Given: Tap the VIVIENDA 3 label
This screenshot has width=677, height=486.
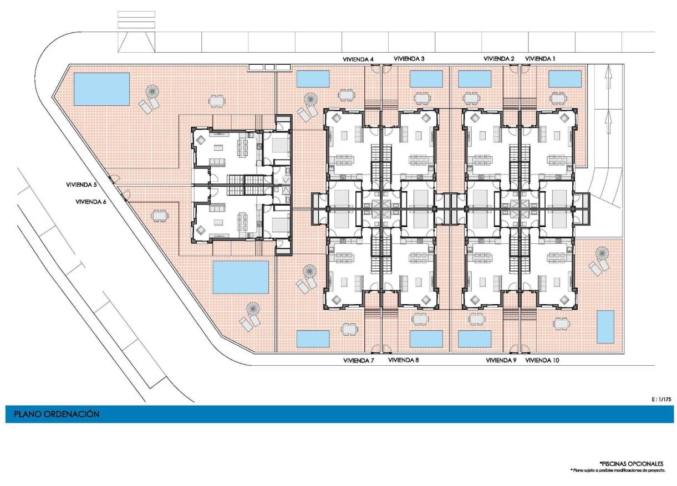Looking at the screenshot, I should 409,59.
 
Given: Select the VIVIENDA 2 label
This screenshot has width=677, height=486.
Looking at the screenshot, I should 499,59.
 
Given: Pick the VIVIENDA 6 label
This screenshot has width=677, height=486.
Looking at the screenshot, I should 91,202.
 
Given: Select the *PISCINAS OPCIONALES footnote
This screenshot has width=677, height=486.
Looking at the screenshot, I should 630,463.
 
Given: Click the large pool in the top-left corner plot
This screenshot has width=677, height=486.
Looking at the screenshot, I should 101,89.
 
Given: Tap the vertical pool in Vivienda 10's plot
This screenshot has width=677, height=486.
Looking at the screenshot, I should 605,326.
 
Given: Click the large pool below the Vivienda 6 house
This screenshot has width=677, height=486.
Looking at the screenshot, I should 241,277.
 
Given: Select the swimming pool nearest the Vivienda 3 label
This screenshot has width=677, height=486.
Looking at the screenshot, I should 426,79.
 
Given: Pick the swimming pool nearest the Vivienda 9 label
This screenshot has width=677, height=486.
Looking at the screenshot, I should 475,339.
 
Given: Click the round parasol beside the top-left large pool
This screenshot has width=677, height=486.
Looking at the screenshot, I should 152,91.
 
